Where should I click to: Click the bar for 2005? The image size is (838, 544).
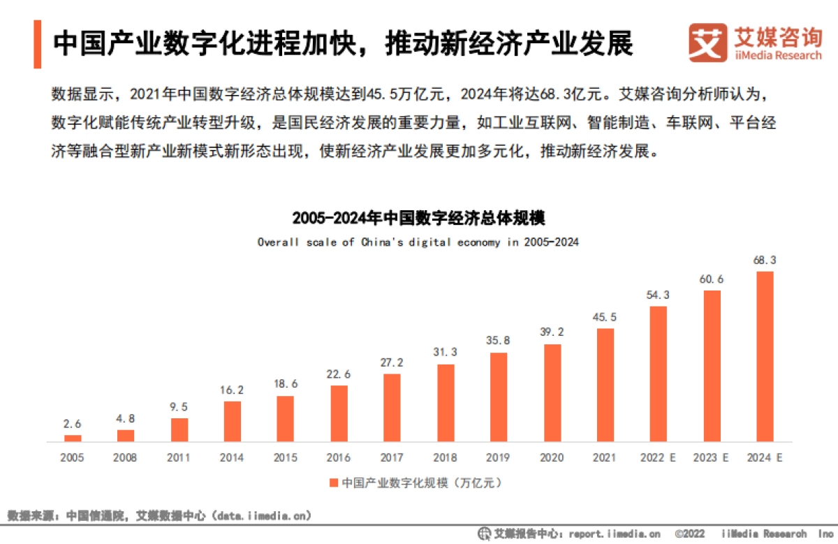point(73,438)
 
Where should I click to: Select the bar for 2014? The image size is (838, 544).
point(233,421)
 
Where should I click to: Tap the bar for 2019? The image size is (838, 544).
point(499,397)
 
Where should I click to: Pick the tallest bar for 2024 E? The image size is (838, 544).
point(765,356)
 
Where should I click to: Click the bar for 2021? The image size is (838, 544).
point(605,385)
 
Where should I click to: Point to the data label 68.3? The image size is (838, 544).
point(765,260)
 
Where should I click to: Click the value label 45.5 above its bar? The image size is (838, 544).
point(605,317)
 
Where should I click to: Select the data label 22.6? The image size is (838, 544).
point(339,374)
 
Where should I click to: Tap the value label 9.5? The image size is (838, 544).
point(179,407)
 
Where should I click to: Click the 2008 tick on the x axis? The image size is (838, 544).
point(126,458)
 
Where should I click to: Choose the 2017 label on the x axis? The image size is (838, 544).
point(392,458)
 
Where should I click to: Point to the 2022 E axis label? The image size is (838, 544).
point(659,458)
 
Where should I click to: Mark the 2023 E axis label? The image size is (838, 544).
point(712,458)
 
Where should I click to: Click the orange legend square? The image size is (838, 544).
point(334,483)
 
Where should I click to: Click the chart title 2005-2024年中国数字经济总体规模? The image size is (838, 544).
point(418,217)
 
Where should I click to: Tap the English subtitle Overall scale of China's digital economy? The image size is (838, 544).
point(418,242)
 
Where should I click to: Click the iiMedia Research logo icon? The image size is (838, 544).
point(707,43)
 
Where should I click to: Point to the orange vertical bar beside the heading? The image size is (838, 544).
point(37,44)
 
